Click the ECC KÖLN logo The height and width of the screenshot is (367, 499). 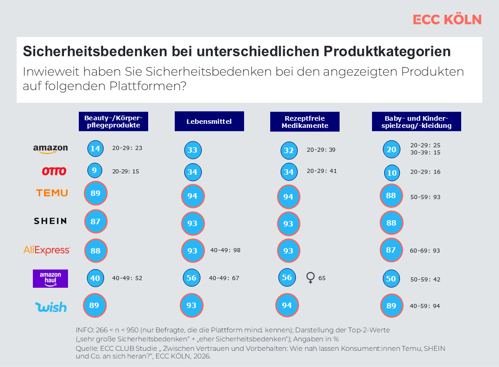click(447, 19)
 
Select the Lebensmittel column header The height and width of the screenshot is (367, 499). click(209, 122)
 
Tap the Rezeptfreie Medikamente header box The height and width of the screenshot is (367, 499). click(305, 122)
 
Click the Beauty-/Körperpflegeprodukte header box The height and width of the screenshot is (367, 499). click(113, 122)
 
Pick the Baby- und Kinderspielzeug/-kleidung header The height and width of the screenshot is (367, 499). click(417, 122)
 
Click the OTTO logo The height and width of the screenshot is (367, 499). click(54, 172)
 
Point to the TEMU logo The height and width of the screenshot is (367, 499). click(52, 193)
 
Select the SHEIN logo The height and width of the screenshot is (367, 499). click(50, 221)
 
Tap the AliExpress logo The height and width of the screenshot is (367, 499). click(47, 250)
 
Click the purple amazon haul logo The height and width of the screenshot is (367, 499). click(50, 278)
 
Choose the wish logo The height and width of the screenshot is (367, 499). click(51, 307)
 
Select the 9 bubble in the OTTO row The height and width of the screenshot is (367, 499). click(95, 171)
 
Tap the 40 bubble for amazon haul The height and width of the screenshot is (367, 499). click(95, 278)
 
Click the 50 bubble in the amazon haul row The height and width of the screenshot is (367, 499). click(390, 279)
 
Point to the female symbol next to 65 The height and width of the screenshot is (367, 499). click(310, 278)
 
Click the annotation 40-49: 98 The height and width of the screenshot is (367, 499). click(225, 250)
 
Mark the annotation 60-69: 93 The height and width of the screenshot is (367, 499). click(425, 250)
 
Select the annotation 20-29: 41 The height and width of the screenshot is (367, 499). click(322, 171)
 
